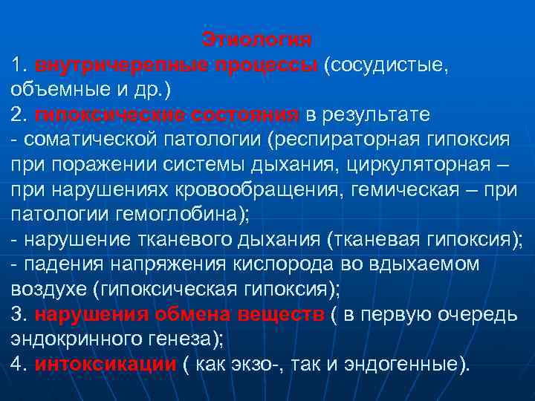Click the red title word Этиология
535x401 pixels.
click(257, 38)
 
